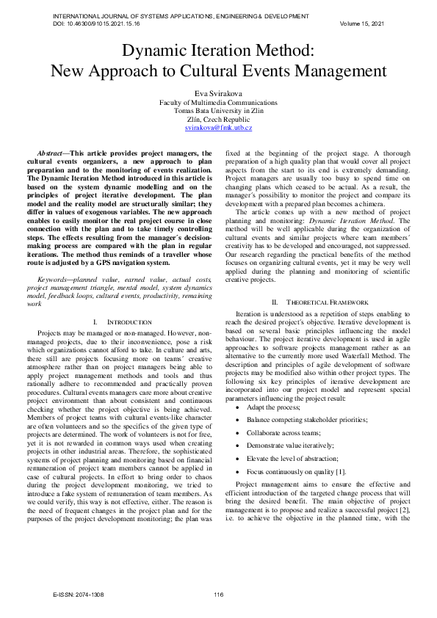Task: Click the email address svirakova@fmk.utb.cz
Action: point(218,128)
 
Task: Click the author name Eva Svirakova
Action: point(218,93)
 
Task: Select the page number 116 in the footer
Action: point(218,595)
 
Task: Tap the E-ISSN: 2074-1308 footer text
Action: point(84,595)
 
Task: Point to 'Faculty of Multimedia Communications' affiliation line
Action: point(218,102)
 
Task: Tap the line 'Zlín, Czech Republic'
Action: point(218,119)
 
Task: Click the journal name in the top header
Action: point(181,15)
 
